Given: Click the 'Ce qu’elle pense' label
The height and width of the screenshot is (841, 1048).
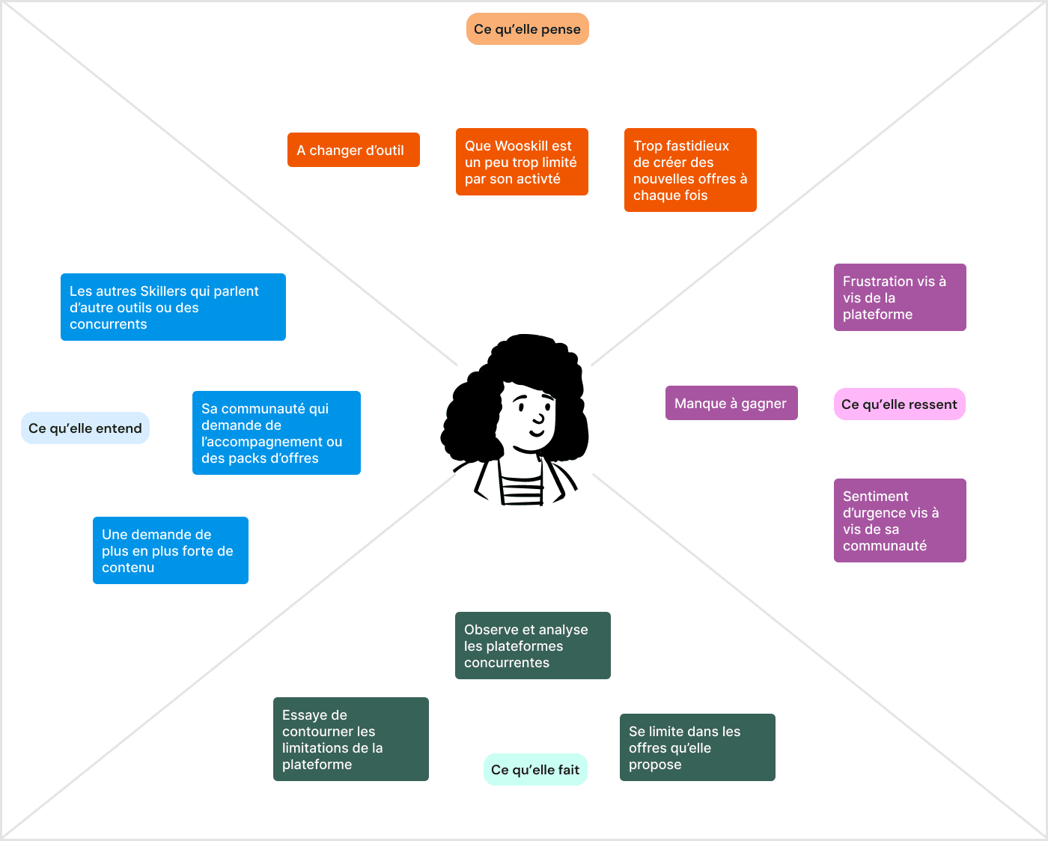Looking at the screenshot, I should click(528, 29).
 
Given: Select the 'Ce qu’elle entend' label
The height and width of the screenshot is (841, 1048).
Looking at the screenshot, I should click(85, 428).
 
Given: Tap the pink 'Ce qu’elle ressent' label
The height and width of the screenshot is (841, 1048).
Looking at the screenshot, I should click(899, 404).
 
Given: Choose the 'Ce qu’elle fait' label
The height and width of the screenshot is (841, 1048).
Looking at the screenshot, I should click(535, 770).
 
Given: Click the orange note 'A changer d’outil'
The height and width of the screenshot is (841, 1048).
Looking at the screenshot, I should click(353, 151).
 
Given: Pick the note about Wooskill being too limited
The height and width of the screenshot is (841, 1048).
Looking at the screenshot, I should click(522, 163).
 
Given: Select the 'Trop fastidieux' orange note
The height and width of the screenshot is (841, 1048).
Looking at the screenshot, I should click(690, 171).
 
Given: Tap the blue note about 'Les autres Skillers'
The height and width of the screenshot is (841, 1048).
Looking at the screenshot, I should click(173, 308).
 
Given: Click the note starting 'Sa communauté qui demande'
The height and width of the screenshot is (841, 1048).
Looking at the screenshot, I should click(276, 434).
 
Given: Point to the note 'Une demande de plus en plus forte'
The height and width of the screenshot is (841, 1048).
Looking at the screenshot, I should click(171, 551).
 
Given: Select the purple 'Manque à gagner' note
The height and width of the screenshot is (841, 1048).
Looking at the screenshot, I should click(731, 404).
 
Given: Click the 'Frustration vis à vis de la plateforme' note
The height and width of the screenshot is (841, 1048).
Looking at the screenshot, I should click(900, 298).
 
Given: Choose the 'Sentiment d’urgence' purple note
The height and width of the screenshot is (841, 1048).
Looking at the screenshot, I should click(900, 521).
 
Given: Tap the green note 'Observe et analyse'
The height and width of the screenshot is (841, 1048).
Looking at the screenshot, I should click(533, 646).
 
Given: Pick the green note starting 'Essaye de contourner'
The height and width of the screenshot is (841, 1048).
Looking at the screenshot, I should click(351, 740).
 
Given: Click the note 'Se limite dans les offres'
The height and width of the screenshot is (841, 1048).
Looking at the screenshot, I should click(698, 748).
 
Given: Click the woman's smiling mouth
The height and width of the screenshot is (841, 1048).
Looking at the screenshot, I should click(537, 432).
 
